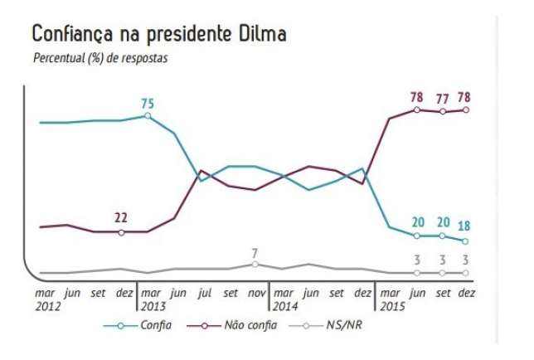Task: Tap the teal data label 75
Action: pyautogui.click(x=148, y=104)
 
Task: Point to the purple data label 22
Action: pyautogui.click(x=121, y=217)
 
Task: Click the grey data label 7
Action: pyautogui.click(x=255, y=252)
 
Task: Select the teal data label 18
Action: pyautogui.click(x=464, y=225)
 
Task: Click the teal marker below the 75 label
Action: pyautogui.click(x=148, y=116)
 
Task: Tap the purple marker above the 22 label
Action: pyautogui.click(x=121, y=231)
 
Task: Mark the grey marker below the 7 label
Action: pyautogui.click(x=255, y=265)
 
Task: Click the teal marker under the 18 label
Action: pyautogui.click(x=465, y=241)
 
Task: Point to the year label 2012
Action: pyautogui.click(x=46, y=305)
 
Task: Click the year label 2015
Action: pyautogui.click(x=392, y=305)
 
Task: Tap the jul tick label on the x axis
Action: pyautogui.click(x=203, y=293)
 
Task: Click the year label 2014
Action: pyautogui.click(x=286, y=305)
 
